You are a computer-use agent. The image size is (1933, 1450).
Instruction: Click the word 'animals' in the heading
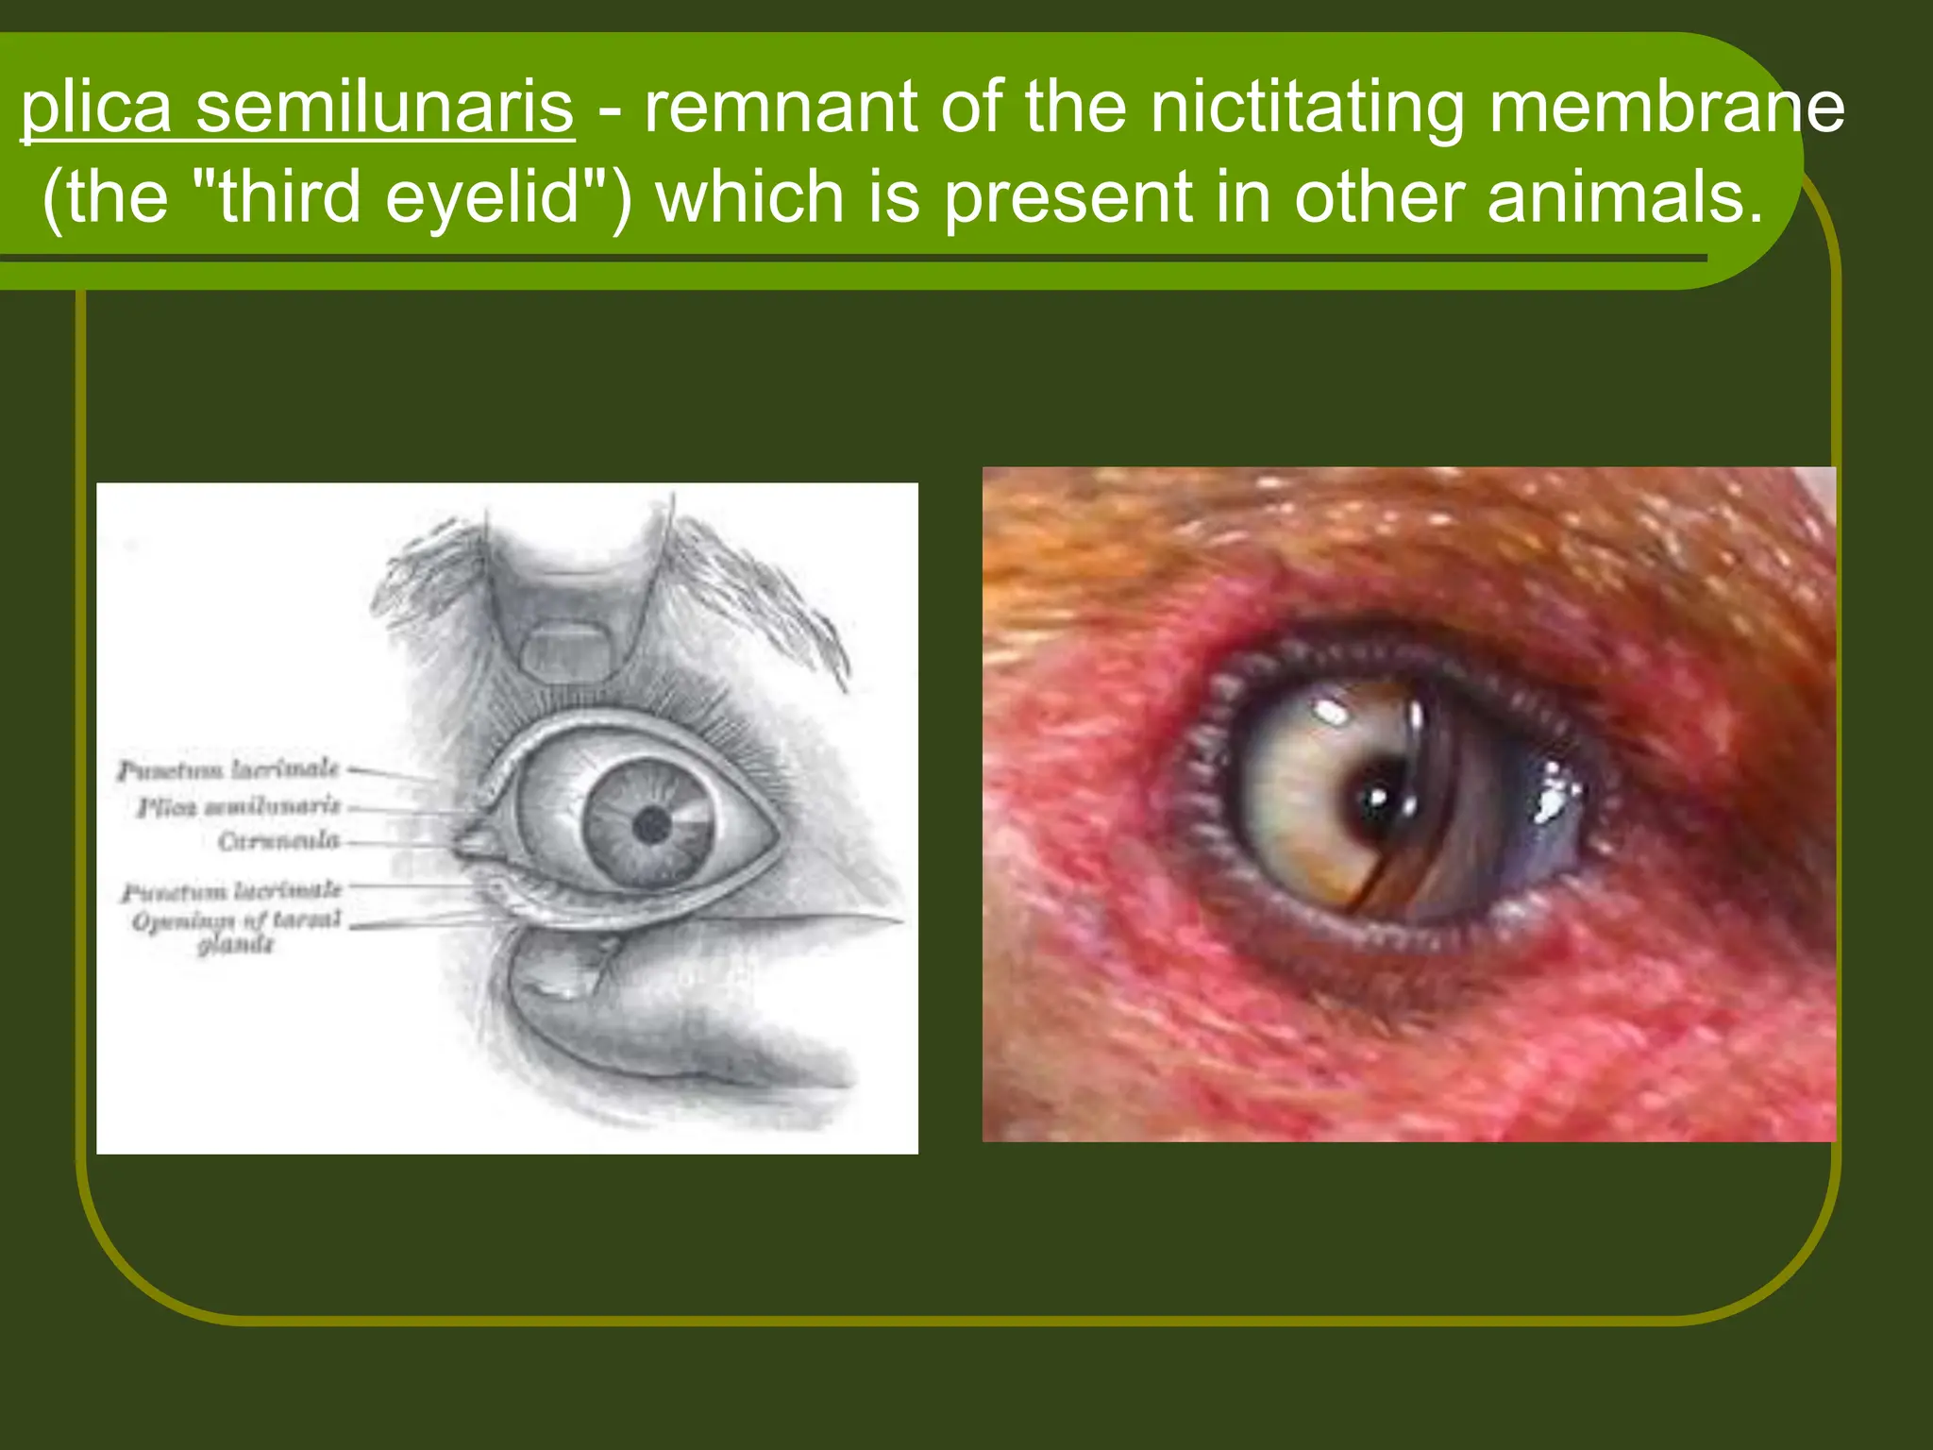coord(1624,197)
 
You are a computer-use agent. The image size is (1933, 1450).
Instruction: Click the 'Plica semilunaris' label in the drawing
coord(239,806)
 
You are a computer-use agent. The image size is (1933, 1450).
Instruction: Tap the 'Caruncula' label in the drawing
coord(278,840)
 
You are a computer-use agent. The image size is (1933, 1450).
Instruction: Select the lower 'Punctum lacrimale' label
coord(232,890)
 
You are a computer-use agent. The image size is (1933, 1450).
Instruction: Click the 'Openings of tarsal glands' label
coord(236,931)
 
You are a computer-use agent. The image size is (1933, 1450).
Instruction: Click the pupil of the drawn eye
coord(651,826)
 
